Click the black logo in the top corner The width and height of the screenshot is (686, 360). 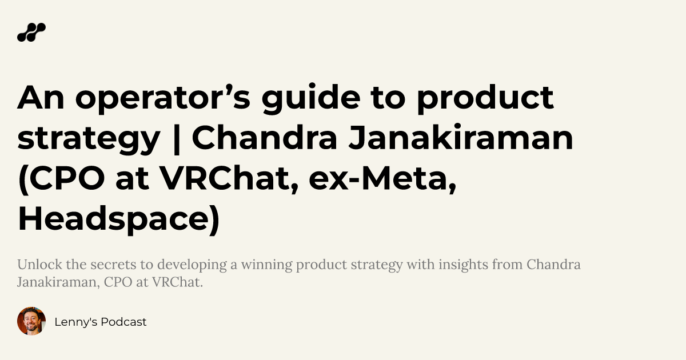point(31,33)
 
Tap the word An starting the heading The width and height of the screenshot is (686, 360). point(39,98)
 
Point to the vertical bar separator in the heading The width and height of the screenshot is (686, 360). point(176,139)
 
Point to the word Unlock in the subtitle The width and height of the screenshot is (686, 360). point(35,265)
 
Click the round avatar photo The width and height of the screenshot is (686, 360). point(31,321)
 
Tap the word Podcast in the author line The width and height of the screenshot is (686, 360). point(124,322)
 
